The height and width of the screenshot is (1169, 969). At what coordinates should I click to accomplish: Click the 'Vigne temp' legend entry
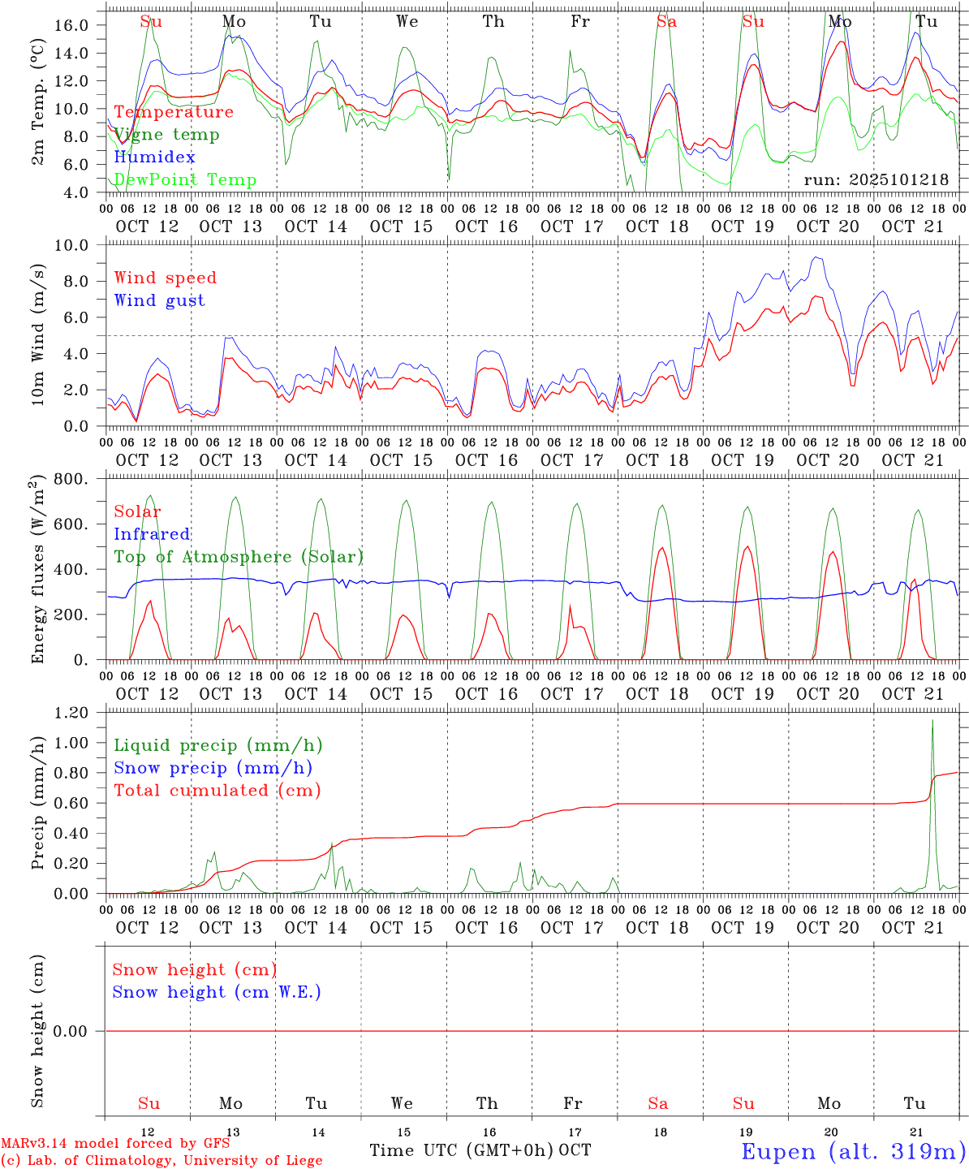(x=166, y=135)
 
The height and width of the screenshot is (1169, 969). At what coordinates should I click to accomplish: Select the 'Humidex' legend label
(x=154, y=157)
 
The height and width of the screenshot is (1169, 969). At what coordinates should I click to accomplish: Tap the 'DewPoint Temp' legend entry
(x=185, y=180)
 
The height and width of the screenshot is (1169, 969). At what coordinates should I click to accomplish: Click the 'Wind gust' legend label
(x=159, y=300)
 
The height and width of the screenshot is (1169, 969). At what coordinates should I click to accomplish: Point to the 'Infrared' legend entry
(x=152, y=534)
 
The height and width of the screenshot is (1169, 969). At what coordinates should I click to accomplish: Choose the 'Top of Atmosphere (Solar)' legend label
(x=239, y=557)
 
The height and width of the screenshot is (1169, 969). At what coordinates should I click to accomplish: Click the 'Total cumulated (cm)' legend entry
(x=217, y=791)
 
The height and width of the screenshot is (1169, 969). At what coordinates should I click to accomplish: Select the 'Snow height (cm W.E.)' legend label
(x=217, y=992)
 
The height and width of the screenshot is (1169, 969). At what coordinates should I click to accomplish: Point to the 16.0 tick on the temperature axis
(x=71, y=25)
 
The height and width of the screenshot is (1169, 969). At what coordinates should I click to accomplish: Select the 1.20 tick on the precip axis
(x=71, y=713)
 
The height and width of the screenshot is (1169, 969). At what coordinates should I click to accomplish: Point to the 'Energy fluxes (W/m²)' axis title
(x=37, y=571)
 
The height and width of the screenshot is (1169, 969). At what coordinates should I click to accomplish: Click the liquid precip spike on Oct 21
(x=932, y=722)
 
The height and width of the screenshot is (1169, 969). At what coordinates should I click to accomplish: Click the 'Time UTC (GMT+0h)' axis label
(x=462, y=1150)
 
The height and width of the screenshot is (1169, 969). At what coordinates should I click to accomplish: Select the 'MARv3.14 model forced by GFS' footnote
(x=115, y=1143)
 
